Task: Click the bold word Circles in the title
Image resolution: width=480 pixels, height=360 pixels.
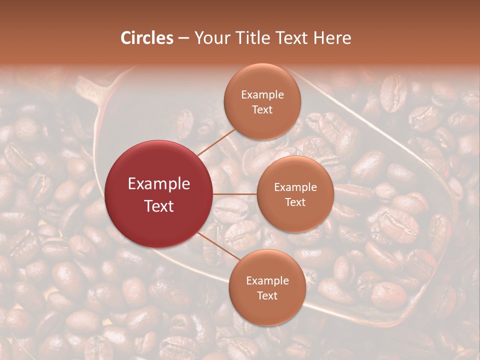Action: point(147,38)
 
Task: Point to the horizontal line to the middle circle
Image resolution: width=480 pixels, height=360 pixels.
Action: point(234,194)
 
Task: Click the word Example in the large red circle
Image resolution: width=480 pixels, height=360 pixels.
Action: point(159,184)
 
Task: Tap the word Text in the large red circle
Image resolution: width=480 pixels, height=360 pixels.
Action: point(159,206)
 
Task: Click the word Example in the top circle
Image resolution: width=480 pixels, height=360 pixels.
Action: point(262,94)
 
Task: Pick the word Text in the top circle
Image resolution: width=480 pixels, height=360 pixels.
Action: point(262,109)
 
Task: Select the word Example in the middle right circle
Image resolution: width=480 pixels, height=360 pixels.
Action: point(295,187)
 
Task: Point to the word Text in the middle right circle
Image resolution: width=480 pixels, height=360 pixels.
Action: point(295,202)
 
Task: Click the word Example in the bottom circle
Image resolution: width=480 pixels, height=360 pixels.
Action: point(267,280)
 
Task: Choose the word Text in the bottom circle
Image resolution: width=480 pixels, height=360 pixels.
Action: point(267,295)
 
